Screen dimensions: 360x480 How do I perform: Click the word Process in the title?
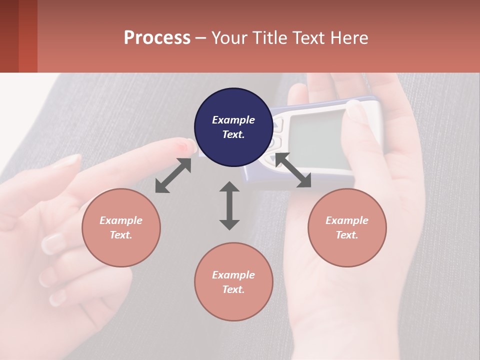tap(157, 38)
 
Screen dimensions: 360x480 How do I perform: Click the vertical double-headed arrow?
tap(229, 205)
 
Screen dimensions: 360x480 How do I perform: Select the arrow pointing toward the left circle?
tap(173, 175)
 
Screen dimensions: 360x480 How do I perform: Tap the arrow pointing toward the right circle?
tap(293, 170)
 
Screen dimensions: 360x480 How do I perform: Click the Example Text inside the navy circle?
tap(233, 127)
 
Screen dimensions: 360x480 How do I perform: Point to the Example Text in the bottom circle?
tap(233, 282)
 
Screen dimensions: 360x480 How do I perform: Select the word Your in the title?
tap(230, 38)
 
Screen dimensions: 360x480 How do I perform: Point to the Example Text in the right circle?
tap(347, 227)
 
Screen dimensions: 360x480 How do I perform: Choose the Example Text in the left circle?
tap(121, 227)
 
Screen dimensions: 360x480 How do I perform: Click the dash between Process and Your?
tap(201, 38)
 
